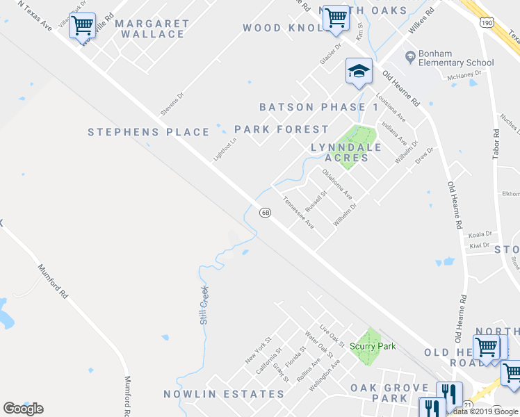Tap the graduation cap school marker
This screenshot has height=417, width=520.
(359, 72)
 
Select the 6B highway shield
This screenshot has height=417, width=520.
(265, 212)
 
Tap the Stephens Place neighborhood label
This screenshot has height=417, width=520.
(149, 132)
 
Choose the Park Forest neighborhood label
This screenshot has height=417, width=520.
(281, 129)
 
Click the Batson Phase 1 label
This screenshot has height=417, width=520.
(319, 107)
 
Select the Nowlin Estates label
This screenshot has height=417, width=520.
(224, 394)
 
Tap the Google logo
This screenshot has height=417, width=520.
(23, 409)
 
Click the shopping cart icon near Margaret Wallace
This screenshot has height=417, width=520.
(83, 26)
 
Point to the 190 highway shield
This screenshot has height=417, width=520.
(486, 22)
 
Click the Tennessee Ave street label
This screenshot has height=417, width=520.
(298, 213)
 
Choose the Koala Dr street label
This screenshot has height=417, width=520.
(480, 234)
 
